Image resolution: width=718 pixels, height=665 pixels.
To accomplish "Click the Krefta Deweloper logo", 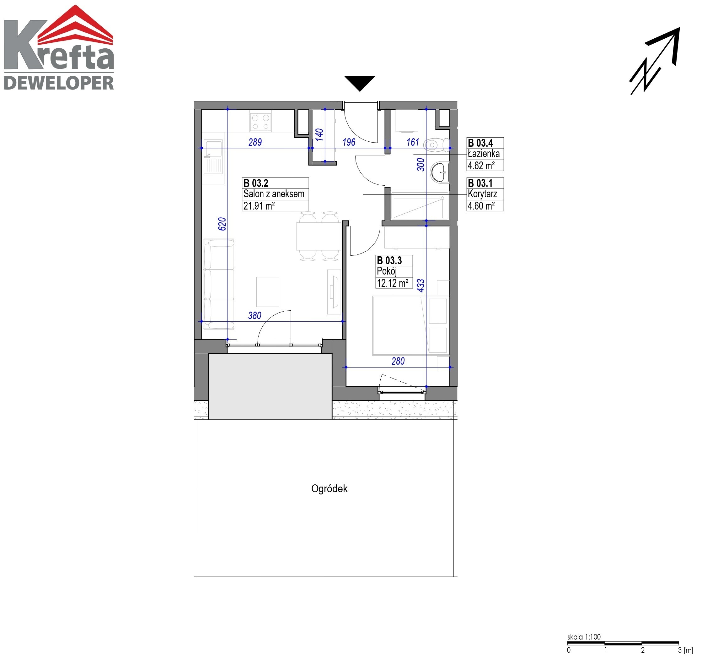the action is tap(59, 47).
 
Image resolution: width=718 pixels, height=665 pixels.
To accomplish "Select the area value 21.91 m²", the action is tap(259, 206).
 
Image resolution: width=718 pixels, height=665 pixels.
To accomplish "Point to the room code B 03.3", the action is tap(389, 260).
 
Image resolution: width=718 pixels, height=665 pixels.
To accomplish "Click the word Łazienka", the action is tap(484, 154).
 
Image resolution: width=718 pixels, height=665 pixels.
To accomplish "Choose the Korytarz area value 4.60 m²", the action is tap(481, 206).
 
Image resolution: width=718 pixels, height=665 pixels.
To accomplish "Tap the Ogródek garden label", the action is tap(329, 489).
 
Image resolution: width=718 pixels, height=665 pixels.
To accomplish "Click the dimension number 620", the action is tap(222, 224).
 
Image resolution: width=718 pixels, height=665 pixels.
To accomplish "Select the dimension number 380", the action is tap(255, 316).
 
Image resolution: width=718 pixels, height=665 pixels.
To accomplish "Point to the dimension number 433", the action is tap(421, 285).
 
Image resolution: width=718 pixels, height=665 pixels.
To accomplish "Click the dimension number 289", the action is tap(255, 142).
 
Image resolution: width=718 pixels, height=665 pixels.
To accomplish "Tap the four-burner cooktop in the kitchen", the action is tap(261, 122).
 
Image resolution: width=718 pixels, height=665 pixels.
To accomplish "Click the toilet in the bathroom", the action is tap(436, 145).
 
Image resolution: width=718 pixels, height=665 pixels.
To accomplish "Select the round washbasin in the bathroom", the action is tap(440, 173).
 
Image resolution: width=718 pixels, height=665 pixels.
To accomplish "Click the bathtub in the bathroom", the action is tap(420, 206).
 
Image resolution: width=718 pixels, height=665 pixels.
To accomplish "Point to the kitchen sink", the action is tap(213, 157).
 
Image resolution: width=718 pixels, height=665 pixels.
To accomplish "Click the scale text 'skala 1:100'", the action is tap(584, 637).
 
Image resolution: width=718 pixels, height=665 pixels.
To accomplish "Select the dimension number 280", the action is tap(398, 361).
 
